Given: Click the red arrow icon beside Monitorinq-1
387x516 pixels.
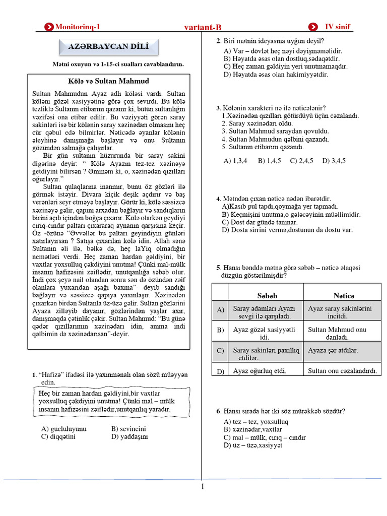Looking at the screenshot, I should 49,27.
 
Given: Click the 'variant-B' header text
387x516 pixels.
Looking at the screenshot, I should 203,28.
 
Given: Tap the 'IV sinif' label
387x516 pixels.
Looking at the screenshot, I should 338,27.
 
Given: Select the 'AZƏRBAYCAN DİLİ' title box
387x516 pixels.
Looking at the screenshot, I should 108,48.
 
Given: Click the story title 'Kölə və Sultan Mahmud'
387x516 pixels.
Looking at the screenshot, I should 108,81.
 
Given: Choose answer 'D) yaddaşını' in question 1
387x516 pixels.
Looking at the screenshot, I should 130,437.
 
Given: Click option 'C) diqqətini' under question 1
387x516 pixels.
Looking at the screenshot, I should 58,437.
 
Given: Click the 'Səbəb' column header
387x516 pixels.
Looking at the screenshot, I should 267,295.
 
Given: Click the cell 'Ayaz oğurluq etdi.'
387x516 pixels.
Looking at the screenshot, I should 260,371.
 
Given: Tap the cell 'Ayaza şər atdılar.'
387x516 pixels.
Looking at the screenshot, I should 333,350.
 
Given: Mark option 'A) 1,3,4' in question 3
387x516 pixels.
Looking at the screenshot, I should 235,161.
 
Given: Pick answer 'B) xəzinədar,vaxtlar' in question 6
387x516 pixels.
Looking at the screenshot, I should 253,429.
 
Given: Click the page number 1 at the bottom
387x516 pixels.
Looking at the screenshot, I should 203,486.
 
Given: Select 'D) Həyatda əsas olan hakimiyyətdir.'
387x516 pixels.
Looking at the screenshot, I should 276,75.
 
